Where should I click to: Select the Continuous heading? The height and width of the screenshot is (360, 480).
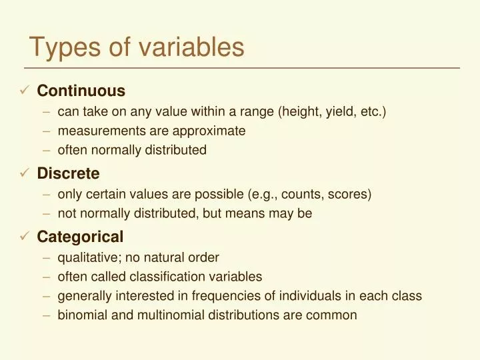point(81,91)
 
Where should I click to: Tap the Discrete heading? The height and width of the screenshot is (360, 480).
point(68,174)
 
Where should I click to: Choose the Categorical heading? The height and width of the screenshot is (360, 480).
point(80,237)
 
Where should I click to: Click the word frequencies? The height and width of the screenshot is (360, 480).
point(231,296)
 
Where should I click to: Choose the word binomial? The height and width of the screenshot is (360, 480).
point(82,315)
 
